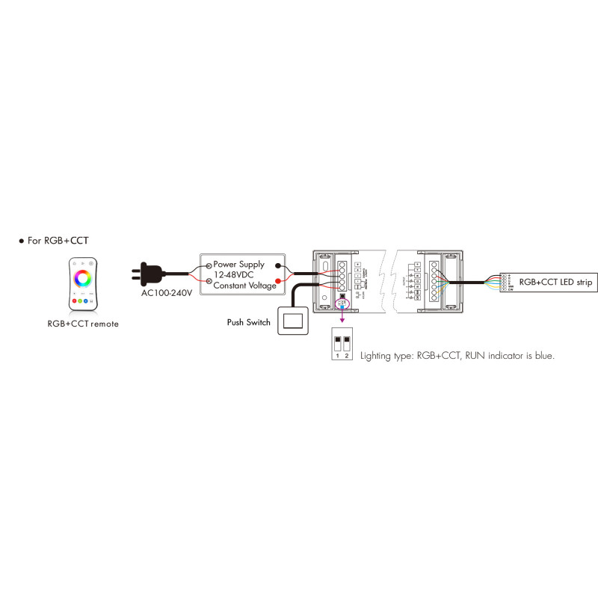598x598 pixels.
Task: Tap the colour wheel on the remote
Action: pyautogui.click(x=83, y=280)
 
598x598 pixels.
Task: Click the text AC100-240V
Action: pyautogui.click(x=166, y=292)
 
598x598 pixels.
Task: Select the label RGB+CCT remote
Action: pyautogui.click(x=82, y=324)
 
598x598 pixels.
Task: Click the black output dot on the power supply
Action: pyautogui.click(x=278, y=265)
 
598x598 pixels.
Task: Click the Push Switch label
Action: pyautogui.click(x=248, y=323)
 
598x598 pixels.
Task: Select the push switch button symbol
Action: pyautogui.click(x=294, y=322)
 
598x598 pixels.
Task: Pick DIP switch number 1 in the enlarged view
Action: pyautogui.click(x=338, y=344)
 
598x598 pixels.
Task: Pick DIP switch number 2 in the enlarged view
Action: pyautogui.click(x=348, y=344)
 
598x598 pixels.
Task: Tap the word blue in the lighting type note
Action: pyautogui.click(x=544, y=357)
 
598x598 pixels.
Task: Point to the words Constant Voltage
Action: pyautogui.click(x=244, y=286)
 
